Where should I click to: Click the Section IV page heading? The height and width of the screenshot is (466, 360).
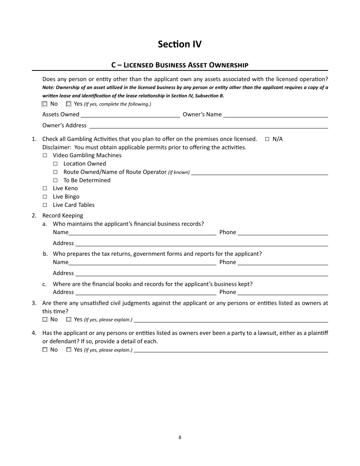pyautogui.click(x=180, y=44)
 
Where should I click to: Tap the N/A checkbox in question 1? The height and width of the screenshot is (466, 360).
pyautogui.click(x=267, y=139)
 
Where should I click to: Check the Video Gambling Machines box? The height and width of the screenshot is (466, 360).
pyautogui.click(x=45, y=155)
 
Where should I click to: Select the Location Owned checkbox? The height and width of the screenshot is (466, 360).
pyautogui.click(x=55, y=164)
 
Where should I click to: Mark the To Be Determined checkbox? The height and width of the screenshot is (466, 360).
pyautogui.click(x=55, y=180)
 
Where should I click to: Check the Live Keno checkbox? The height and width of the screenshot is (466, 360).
pyautogui.click(x=45, y=188)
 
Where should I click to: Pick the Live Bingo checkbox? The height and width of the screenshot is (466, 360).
pyautogui.click(x=45, y=197)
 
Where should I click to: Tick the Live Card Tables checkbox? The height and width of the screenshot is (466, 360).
pyautogui.click(x=45, y=205)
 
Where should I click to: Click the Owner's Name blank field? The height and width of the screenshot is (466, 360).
pyautogui.click(x=275, y=115)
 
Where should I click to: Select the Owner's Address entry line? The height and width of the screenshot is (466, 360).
pyautogui.click(x=208, y=125)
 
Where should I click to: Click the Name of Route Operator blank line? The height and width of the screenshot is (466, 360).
pyautogui.click(x=260, y=172)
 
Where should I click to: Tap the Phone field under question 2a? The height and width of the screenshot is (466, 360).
pyautogui.click(x=283, y=233)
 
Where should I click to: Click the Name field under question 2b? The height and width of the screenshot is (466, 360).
pyautogui.click(x=142, y=263)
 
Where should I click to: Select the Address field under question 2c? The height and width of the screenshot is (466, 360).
pyautogui.click(x=146, y=292)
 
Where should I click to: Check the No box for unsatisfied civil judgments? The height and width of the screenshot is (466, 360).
pyautogui.click(x=45, y=319)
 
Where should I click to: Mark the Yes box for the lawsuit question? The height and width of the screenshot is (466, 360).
pyautogui.click(x=69, y=350)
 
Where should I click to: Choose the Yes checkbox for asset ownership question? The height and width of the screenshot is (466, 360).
pyautogui.click(x=69, y=104)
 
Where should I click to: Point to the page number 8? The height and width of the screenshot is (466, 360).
pyautogui.click(x=180, y=437)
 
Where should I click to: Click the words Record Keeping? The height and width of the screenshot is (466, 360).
pyautogui.click(x=63, y=216)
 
